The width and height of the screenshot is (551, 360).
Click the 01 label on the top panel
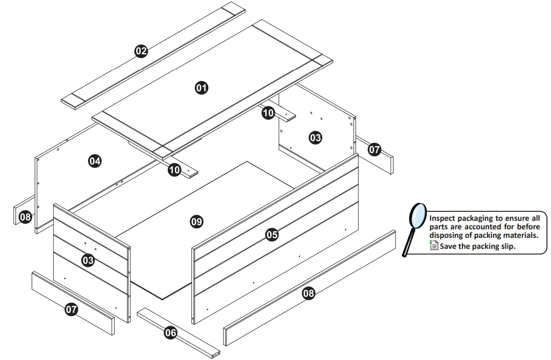point(201,88)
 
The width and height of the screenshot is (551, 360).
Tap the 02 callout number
point(141,51)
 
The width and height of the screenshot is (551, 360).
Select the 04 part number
point(95,161)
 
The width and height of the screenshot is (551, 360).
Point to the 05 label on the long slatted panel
point(272,234)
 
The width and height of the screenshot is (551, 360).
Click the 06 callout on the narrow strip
point(170,332)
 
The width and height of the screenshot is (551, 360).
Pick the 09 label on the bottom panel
point(196,222)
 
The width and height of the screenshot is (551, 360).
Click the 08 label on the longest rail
point(309,293)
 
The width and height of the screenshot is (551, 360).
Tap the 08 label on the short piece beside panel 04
point(25,217)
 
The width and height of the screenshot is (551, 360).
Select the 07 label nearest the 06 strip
point(71,309)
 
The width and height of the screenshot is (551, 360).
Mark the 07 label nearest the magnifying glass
point(375,150)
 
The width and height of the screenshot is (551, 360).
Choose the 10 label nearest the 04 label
point(175,170)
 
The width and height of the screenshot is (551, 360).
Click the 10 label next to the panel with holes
point(268,113)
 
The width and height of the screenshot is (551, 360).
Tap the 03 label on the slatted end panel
point(88,260)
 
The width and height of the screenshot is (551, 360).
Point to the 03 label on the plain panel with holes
point(315,137)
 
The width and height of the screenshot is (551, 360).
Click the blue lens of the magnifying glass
point(418,215)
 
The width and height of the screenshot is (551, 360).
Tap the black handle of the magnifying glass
point(409,242)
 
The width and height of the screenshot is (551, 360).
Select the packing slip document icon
point(434,245)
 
